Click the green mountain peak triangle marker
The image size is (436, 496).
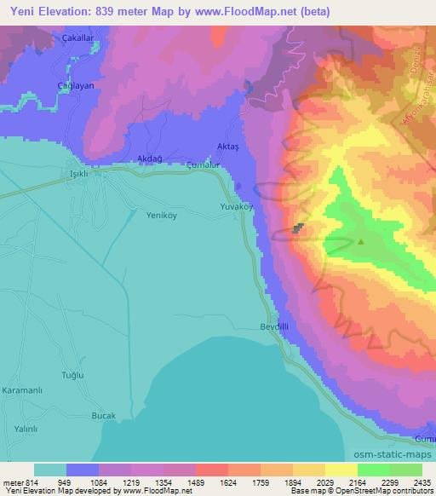coord(360,241)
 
